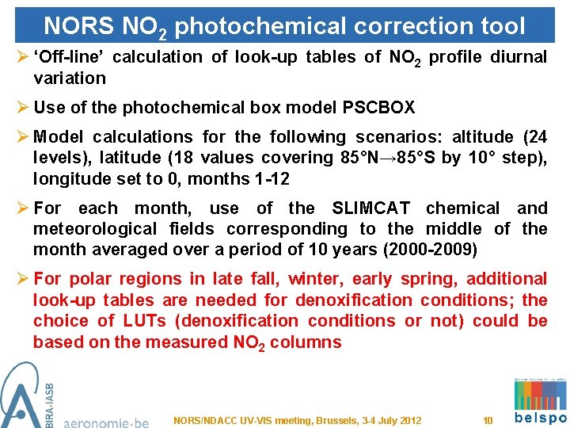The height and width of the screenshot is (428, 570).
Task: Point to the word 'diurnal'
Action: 518,57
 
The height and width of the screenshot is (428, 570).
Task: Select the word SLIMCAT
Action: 370,208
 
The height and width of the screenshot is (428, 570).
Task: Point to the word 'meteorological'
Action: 87,229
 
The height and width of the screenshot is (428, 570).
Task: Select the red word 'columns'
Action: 304,342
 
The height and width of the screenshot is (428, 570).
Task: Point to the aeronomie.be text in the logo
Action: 104,421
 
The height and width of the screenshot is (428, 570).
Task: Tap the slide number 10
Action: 488,421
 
